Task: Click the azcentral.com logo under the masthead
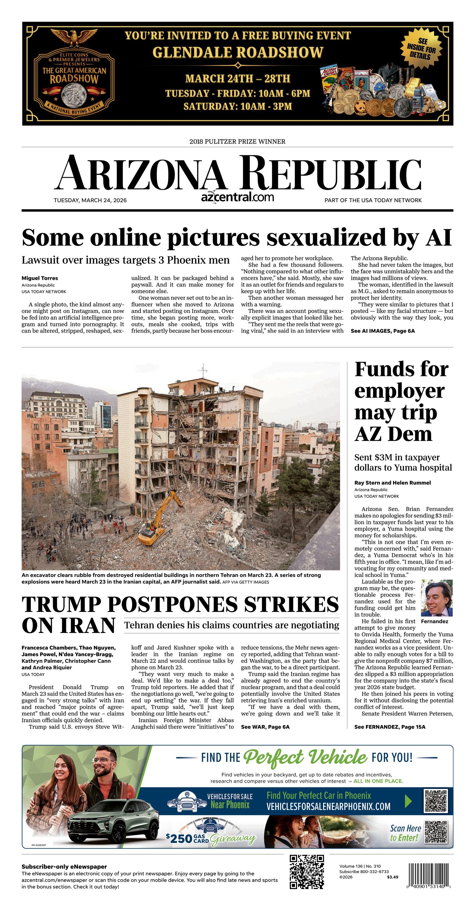[x=237, y=197]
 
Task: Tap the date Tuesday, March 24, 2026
[x=90, y=200]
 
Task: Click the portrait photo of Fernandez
[x=436, y=598]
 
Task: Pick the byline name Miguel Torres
[x=39, y=278]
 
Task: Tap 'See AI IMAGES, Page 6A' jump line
[x=382, y=331]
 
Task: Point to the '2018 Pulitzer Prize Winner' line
[x=237, y=141]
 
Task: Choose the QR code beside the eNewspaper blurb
[x=307, y=872]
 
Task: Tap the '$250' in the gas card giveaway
[x=179, y=838]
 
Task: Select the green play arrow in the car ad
[x=408, y=802]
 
